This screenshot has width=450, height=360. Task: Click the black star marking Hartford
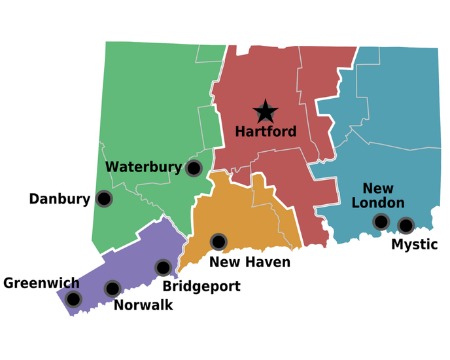click(266, 112)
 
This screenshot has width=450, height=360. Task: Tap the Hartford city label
click(266, 132)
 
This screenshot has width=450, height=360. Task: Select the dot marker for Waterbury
click(194, 168)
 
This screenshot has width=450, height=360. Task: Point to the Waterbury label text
click(144, 167)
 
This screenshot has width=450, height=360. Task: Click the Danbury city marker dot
click(103, 198)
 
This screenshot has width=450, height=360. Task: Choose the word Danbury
click(60, 199)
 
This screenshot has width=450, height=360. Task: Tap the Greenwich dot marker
click(74, 299)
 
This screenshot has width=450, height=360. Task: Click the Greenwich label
click(41, 283)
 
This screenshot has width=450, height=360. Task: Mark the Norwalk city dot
click(113, 288)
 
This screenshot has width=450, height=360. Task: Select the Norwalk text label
click(143, 304)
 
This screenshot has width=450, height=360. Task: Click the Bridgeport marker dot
click(163, 267)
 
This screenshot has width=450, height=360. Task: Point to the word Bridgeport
click(201, 286)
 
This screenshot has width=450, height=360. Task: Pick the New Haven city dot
click(218, 242)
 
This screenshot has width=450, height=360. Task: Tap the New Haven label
click(250, 262)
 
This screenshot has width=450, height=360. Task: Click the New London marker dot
click(381, 222)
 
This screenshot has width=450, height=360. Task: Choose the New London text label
click(378, 196)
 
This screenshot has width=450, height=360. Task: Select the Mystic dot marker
click(406, 225)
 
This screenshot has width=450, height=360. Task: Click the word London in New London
click(378, 203)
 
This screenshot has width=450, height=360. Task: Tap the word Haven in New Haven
click(266, 262)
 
